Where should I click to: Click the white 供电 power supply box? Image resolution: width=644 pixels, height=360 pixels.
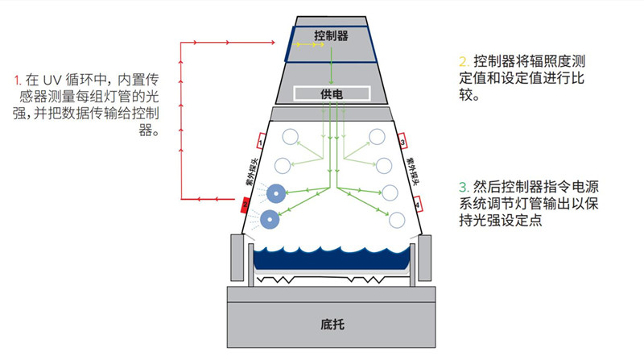coord(331,93)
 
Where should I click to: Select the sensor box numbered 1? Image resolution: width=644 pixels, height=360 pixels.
coord(261,142)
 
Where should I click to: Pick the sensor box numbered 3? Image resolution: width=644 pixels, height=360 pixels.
coord(402,142)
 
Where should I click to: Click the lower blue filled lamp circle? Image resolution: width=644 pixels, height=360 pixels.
coord(271,219)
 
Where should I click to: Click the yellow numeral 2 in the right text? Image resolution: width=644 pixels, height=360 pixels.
coord(463,61)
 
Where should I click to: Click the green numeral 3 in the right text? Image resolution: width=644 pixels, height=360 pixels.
coord(463,186)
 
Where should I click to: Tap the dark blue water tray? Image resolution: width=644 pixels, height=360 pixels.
coord(331,258)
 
